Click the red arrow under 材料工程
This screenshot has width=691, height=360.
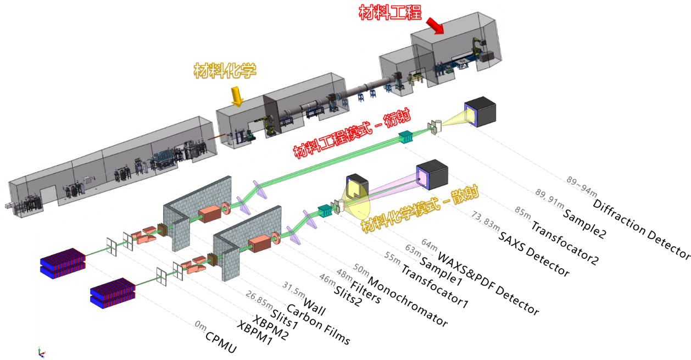tap(434, 25)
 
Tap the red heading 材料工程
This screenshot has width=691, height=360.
tap(390, 12)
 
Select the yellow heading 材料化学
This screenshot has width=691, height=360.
tap(225, 70)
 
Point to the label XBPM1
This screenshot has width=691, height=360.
tap(254, 331)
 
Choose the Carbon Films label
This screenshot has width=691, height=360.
tap(319, 324)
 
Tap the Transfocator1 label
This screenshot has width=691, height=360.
tap(434, 286)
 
